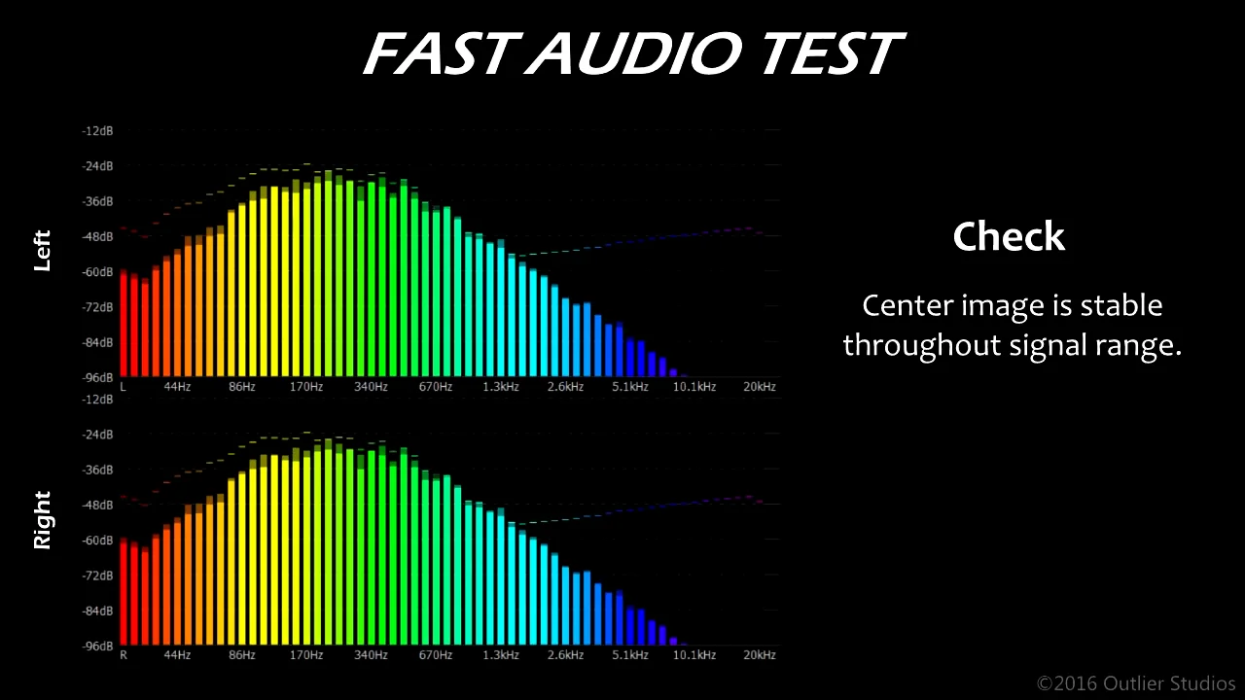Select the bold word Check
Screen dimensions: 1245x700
point(1009,236)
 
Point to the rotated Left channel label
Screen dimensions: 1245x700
point(42,251)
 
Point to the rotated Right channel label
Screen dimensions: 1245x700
point(42,520)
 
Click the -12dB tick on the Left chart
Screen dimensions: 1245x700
point(97,131)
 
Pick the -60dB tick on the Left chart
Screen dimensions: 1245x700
point(97,271)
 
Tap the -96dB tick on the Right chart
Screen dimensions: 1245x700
point(97,647)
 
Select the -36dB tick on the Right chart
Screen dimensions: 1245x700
point(97,470)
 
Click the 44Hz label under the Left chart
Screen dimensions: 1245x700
point(177,387)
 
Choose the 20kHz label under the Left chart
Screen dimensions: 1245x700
point(760,387)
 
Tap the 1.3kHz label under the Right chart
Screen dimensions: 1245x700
point(500,655)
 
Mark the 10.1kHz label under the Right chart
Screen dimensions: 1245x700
point(694,655)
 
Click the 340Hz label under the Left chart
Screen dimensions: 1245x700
point(371,387)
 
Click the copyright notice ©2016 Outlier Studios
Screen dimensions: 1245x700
point(1135,683)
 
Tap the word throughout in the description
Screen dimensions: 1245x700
point(922,345)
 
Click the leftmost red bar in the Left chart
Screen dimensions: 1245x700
point(124,324)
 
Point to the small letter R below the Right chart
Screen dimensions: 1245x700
point(124,655)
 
